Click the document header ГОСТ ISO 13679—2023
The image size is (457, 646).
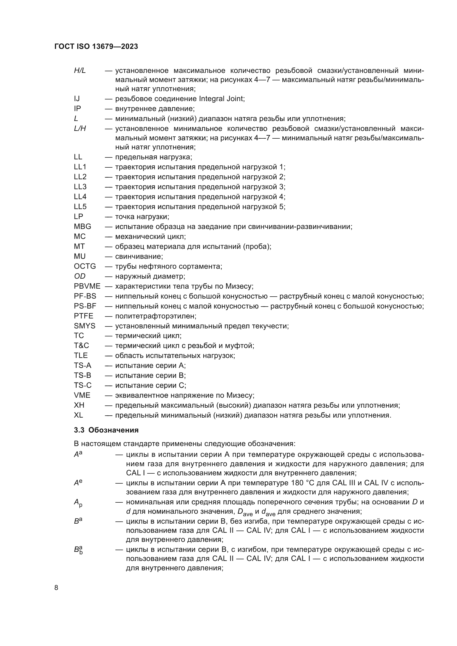[x=96, y=47]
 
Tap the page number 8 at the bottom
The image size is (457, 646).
[x=56, y=588]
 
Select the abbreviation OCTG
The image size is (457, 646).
[x=85, y=266]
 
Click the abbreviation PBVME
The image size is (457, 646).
[x=87, y=286]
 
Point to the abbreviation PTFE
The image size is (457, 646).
[x=83, y=316]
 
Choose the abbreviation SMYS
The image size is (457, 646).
[x=85, y=326]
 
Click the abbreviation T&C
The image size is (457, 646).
[x=81, y=346]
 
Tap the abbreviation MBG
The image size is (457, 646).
[x=82, y=226]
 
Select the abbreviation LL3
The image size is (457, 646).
[x=80, y=187]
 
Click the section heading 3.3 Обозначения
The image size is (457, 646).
[x=106, y=430]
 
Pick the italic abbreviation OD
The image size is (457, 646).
[x=80, y=276]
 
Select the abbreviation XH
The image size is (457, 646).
[x=79, y=405]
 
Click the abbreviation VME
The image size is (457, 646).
[x=82, y=395]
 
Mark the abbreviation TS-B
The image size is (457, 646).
[x=82, y=375]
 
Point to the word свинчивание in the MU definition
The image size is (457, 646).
[x=139, y=256]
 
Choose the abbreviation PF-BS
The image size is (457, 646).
[x=85, y=296]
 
